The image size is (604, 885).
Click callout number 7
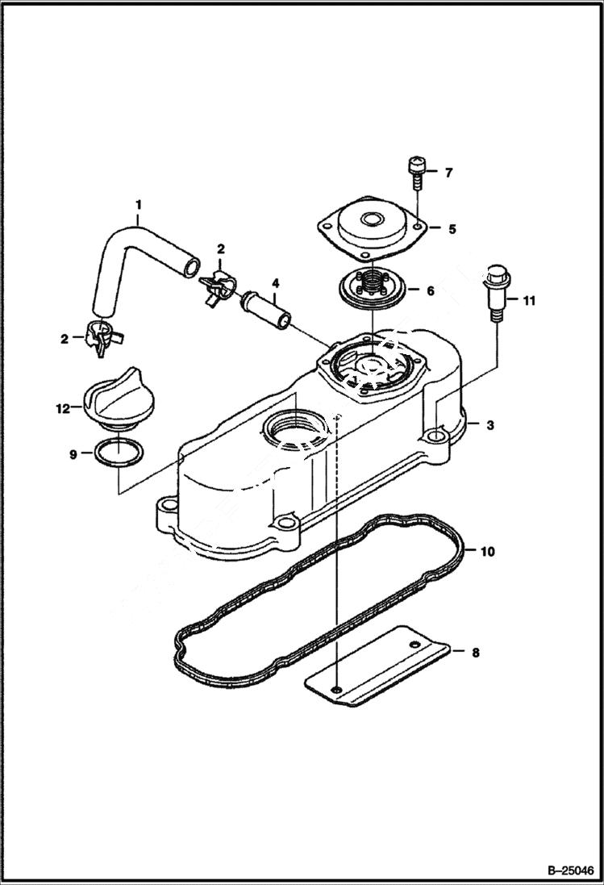(449, 173)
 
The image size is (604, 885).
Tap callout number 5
(452, 229)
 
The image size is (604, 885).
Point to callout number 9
(73, 455)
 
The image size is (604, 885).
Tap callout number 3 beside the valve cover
(489, 425)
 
